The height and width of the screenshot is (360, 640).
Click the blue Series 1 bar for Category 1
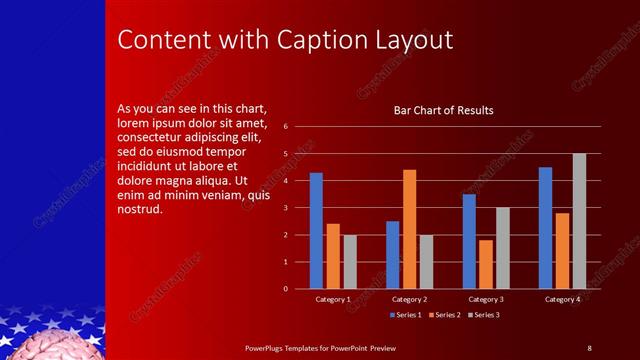click(x=316, y=231)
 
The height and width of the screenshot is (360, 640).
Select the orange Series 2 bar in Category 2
click(x=409, y=229)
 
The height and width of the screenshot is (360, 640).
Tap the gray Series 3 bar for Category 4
click(x=579, y=221)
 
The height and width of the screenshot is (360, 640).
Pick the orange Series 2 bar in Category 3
click(x=486, y=264)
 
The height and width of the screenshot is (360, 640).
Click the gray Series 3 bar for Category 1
click(x=350, y=262)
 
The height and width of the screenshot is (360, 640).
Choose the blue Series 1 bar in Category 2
click(x=392, y=255)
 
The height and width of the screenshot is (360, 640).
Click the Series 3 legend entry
click(x=484, y=315)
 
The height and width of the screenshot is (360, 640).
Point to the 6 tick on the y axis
click(x=285, y=127)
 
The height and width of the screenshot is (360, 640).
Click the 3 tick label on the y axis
click(x=285, y=208)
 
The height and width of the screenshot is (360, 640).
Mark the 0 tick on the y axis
click(x=285, y=289)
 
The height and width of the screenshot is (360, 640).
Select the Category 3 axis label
click(x=486, y=299)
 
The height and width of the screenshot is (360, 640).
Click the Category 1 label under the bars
click(x=333, y=299)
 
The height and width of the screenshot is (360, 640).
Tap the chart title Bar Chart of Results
click(x=444, y=110)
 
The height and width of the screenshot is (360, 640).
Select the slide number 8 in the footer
click(x=589, y=347)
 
